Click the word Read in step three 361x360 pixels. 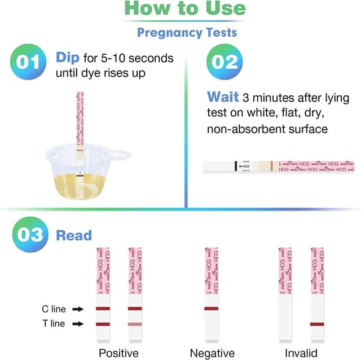[73, 235]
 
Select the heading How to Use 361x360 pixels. [184, 8]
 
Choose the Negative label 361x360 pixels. [212, 353]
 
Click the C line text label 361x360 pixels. [54, 309]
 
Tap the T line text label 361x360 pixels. [54, 324]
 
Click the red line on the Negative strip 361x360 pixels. [212, 309]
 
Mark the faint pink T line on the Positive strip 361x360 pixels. [135, 324]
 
